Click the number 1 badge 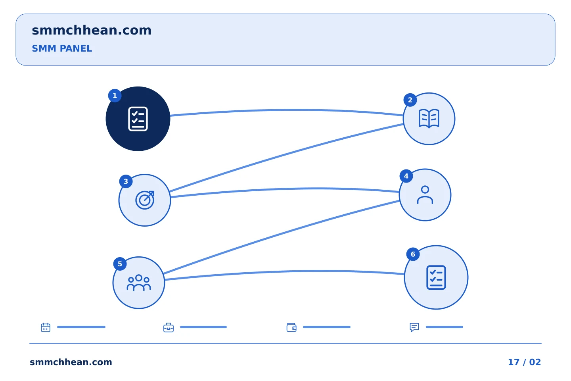tap(115, 96)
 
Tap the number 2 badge tap(410, 100)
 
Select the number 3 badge tap(126, 181)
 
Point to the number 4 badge tap(406, 176)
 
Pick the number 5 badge tap(120, 264)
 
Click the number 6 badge tap(413, 254)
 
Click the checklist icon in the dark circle tap(138, 119)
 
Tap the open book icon tap(429, 118)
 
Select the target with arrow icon tap(145, 200)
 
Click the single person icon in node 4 tap(425, 195)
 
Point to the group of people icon tap(139, 283)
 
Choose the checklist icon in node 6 tap(436, 277)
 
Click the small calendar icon tap(46, 327)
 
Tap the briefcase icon tap(169, 327)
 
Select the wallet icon tap(291, 327)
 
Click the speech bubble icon tap(414, 327)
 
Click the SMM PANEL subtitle tap(62, 48)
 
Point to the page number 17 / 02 tap(524, 362)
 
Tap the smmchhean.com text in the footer tap(71, 362)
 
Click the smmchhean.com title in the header tap(92, 30)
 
